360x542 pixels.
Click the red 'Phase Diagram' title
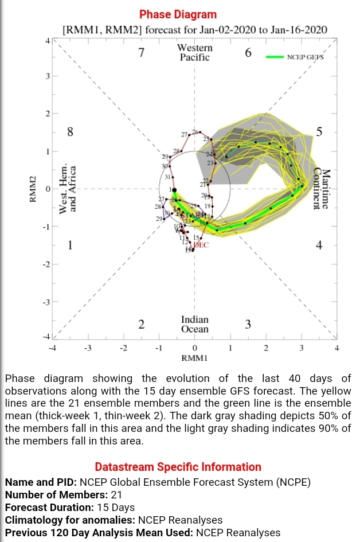click(x=178, y=15)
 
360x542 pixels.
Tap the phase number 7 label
click(x=142, y=53)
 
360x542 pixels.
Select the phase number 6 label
click(x=248, y=53)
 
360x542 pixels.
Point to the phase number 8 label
click(x=70, y=132)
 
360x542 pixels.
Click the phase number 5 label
click(x=319, y=132)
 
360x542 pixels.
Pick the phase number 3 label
click(x=248, y=325)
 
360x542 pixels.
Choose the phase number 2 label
click(x=141, y=325)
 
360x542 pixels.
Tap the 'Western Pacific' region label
click(x=194, y=53)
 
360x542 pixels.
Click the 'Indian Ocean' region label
click(x=194, y=324)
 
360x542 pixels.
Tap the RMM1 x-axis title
click(x=194, y=358)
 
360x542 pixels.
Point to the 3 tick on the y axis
click(x=48, y=76)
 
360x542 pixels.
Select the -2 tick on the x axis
click(x=123, y=348)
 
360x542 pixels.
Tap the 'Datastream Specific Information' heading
click(x=178, y=467)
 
